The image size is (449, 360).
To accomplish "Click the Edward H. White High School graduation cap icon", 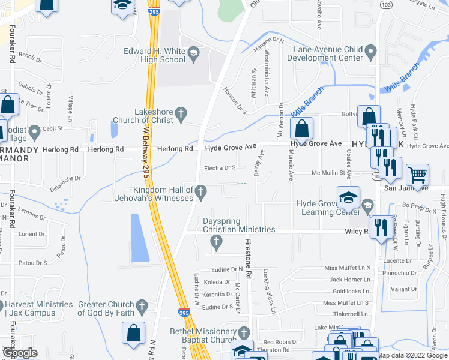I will pos(193,56).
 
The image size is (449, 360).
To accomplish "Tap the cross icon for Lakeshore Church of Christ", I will pos(179,113).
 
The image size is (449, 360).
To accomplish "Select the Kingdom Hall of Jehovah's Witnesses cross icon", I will pos(201,193).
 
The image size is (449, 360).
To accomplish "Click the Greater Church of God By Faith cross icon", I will pos(142,307).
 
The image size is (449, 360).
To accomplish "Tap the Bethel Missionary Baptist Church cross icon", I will pos(244,332).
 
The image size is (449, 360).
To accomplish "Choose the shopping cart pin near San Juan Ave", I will pos(418,175).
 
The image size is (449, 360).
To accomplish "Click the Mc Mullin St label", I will pos(330,173).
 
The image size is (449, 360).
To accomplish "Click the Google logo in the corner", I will pos(19,353).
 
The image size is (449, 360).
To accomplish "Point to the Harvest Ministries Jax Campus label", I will pos(36,309).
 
